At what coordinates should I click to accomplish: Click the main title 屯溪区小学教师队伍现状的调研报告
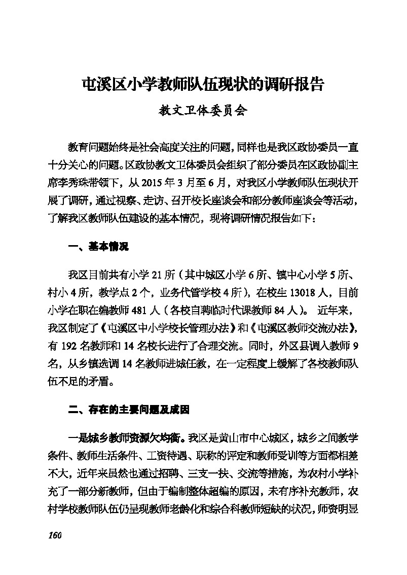coord(203,84)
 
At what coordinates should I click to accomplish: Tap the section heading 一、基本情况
coord(98,247)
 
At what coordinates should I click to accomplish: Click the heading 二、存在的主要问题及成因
coord(129,410)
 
